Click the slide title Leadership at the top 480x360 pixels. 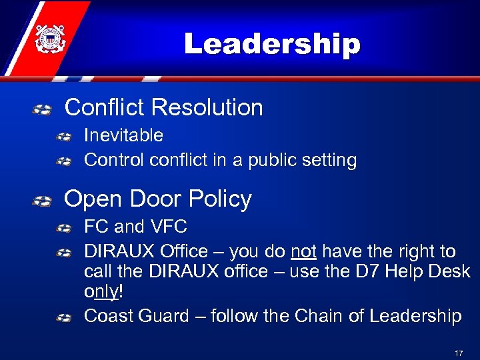coord(272,45)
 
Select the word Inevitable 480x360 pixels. coord(123,135)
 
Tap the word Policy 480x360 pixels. coord(220,199)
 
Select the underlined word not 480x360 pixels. coord(303,252)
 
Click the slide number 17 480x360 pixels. coord(458,353)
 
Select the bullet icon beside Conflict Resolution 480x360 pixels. coord(42,109)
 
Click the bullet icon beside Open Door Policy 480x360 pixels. coord(42,201)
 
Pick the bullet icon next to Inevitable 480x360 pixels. coord(64,137)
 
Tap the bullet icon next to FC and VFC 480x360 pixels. coord(64,229)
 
